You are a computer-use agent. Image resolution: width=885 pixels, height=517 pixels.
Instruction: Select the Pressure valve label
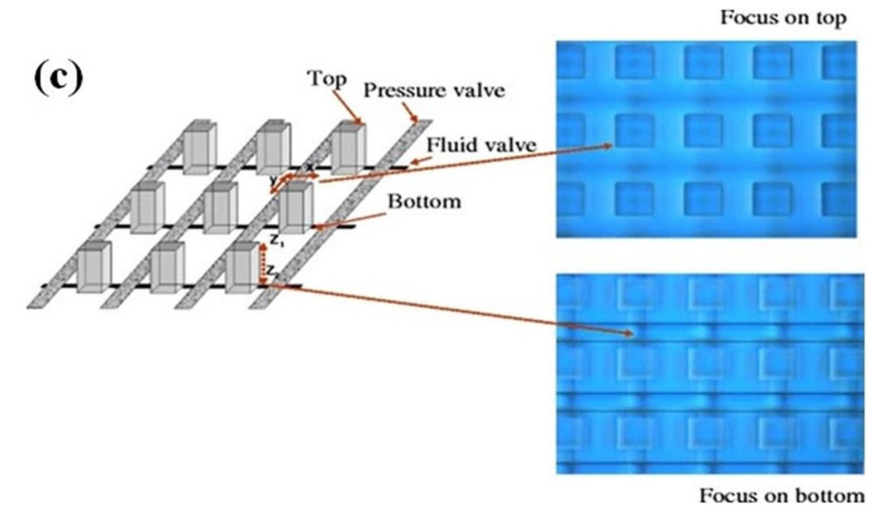(x=433, y=90)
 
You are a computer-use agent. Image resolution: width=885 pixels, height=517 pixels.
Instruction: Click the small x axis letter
(x=309, y=167)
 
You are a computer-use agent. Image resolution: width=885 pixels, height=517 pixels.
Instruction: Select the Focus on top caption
(x=783, y=18)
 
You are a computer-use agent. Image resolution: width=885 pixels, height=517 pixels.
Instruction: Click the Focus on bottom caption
(x=781, y=496)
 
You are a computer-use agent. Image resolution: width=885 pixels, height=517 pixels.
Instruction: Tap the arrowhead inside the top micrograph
(x=610, y=146)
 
